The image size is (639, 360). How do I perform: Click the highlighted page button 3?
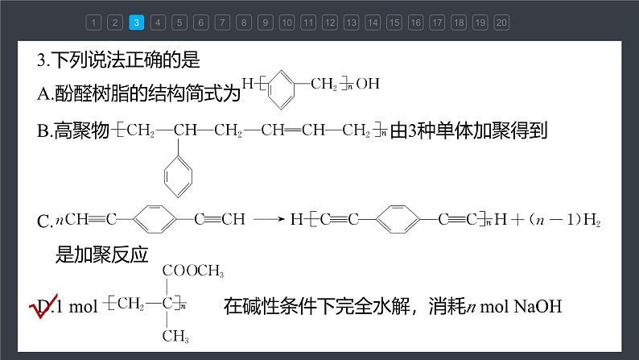pos(136,23)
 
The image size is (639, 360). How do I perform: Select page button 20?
pos(501,23)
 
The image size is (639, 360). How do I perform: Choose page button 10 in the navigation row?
pos(287,23)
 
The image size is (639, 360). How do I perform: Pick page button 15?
pos(394,23)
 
